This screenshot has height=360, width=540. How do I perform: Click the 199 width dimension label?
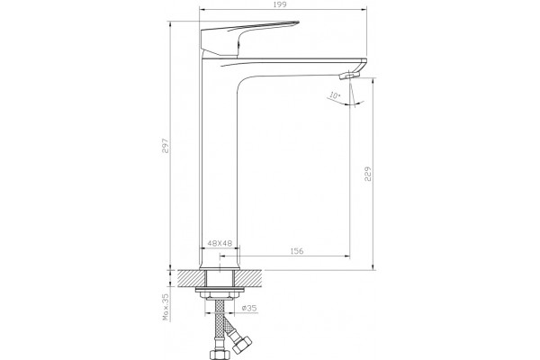(281, 4)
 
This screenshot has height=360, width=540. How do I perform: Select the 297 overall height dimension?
(166, 146)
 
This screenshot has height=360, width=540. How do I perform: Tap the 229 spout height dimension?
(368, 174)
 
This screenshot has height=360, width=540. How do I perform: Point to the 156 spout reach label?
(297, 251)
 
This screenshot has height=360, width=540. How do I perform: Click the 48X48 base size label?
(220, 243)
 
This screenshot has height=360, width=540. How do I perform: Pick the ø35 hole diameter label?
(249, 308)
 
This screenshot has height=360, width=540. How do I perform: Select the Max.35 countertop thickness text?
(166, 307)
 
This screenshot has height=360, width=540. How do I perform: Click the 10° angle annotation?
(335, 95)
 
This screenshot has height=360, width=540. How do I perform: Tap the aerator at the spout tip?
(349, 75)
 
